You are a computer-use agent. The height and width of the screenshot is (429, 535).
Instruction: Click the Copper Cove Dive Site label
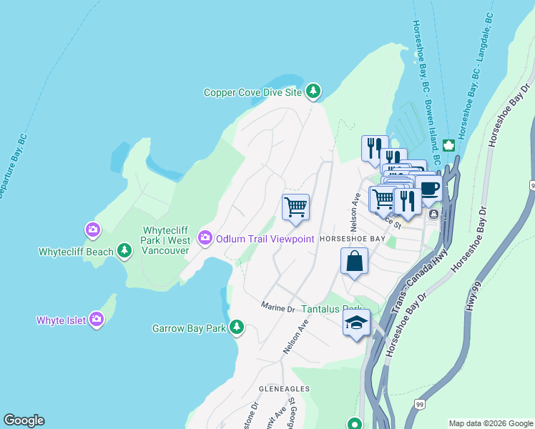click(x=252, y=92)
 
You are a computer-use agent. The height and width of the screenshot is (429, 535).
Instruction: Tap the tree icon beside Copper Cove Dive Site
click(x=313, y=92)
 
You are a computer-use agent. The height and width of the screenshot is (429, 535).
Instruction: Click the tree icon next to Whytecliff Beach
click(x=125, y=250)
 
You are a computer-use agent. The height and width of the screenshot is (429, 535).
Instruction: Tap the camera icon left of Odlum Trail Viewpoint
click(x=205, y=237)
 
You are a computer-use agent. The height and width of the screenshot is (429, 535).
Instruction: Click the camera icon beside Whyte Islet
click(x=96, y=320)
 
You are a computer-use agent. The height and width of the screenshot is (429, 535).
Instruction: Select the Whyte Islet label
click(x=61, y=320)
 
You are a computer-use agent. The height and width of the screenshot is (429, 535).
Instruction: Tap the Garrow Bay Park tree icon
click(x=236, y=328)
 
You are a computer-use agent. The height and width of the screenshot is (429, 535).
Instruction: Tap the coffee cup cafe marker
click(x=429, y=189)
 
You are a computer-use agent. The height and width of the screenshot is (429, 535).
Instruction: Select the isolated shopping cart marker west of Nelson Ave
click(x=295, y=207)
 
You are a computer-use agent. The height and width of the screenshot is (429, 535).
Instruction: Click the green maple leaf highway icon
click(x=449, y=146)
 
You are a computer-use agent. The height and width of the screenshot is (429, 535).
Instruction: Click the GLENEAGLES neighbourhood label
click(x=284, y=388)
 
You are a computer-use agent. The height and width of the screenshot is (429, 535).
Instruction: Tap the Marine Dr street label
click(x=278, y=307)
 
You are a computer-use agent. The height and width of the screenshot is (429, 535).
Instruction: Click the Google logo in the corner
click(x=24, y=420)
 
